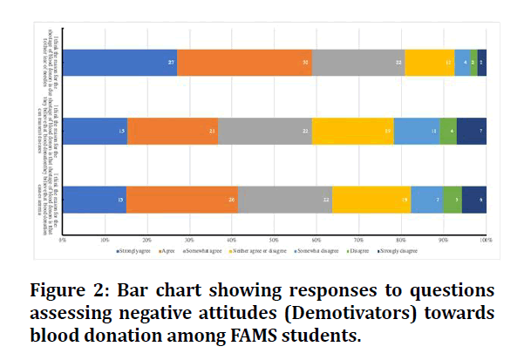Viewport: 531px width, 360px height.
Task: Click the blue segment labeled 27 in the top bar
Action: pyautogui.click(x=119, y=63)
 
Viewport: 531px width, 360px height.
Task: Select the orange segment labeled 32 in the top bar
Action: pyautogui.click(x=244, y=63)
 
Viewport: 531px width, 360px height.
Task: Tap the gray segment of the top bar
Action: pyautogui.click(x=358, y=63)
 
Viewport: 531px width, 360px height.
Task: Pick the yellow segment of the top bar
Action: pyautogui.click(x=429, y=63)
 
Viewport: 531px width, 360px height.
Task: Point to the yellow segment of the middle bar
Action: pyautogui.click(x=352, y=131)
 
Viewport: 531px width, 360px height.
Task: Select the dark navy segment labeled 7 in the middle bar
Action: pyautogui.click(x=472, y=131)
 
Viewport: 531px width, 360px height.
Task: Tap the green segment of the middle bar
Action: pyautogui.click(x=448, y=131)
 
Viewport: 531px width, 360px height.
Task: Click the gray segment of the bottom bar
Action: pyautogui.click(x=285, y=200)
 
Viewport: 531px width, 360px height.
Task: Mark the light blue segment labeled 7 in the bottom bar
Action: pyautogui.click(x=427, y=200)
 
